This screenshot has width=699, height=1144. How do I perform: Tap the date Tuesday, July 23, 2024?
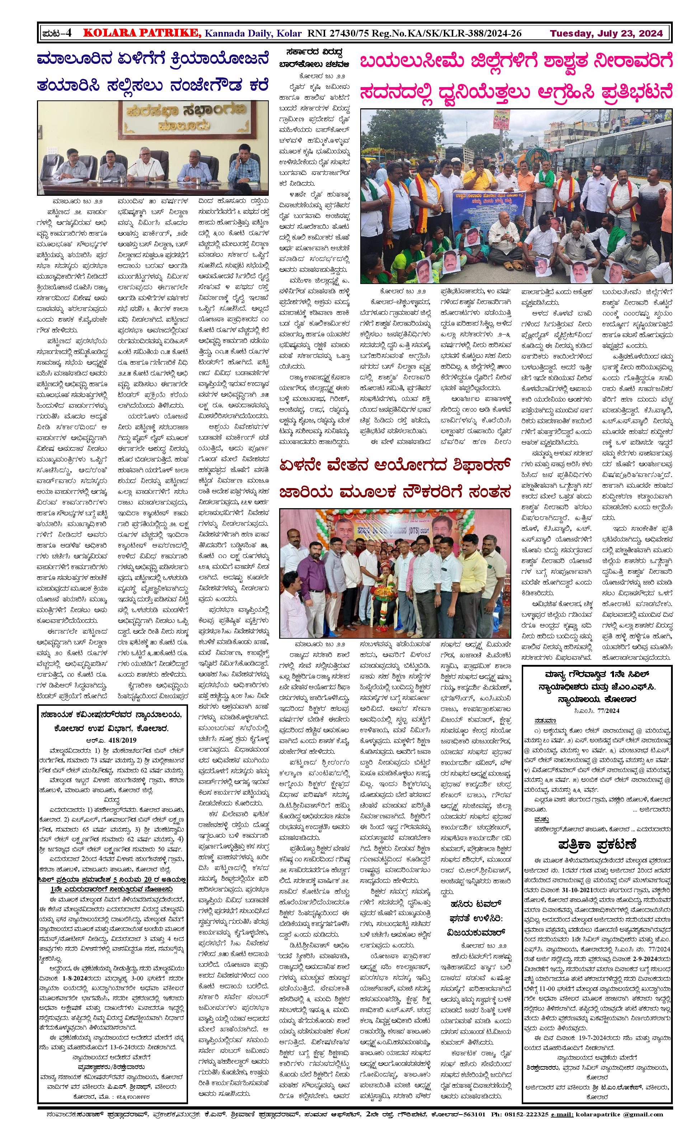point(606,33)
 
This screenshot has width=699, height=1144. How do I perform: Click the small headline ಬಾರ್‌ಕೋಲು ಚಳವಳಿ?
point(314,65)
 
